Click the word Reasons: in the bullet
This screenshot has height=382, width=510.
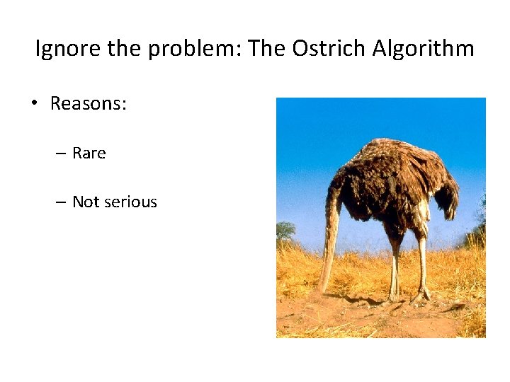[x=89, y=104]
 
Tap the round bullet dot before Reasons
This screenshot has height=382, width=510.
[x=33, y=105]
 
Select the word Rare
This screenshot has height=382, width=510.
[x=89, y=154]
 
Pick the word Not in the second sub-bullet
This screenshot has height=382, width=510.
[x=86, y=202]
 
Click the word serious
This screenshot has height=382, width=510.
[x=130, y=202]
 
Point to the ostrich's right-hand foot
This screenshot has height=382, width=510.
[x=423, y=293]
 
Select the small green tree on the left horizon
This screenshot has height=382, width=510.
[x=286, y=230]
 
